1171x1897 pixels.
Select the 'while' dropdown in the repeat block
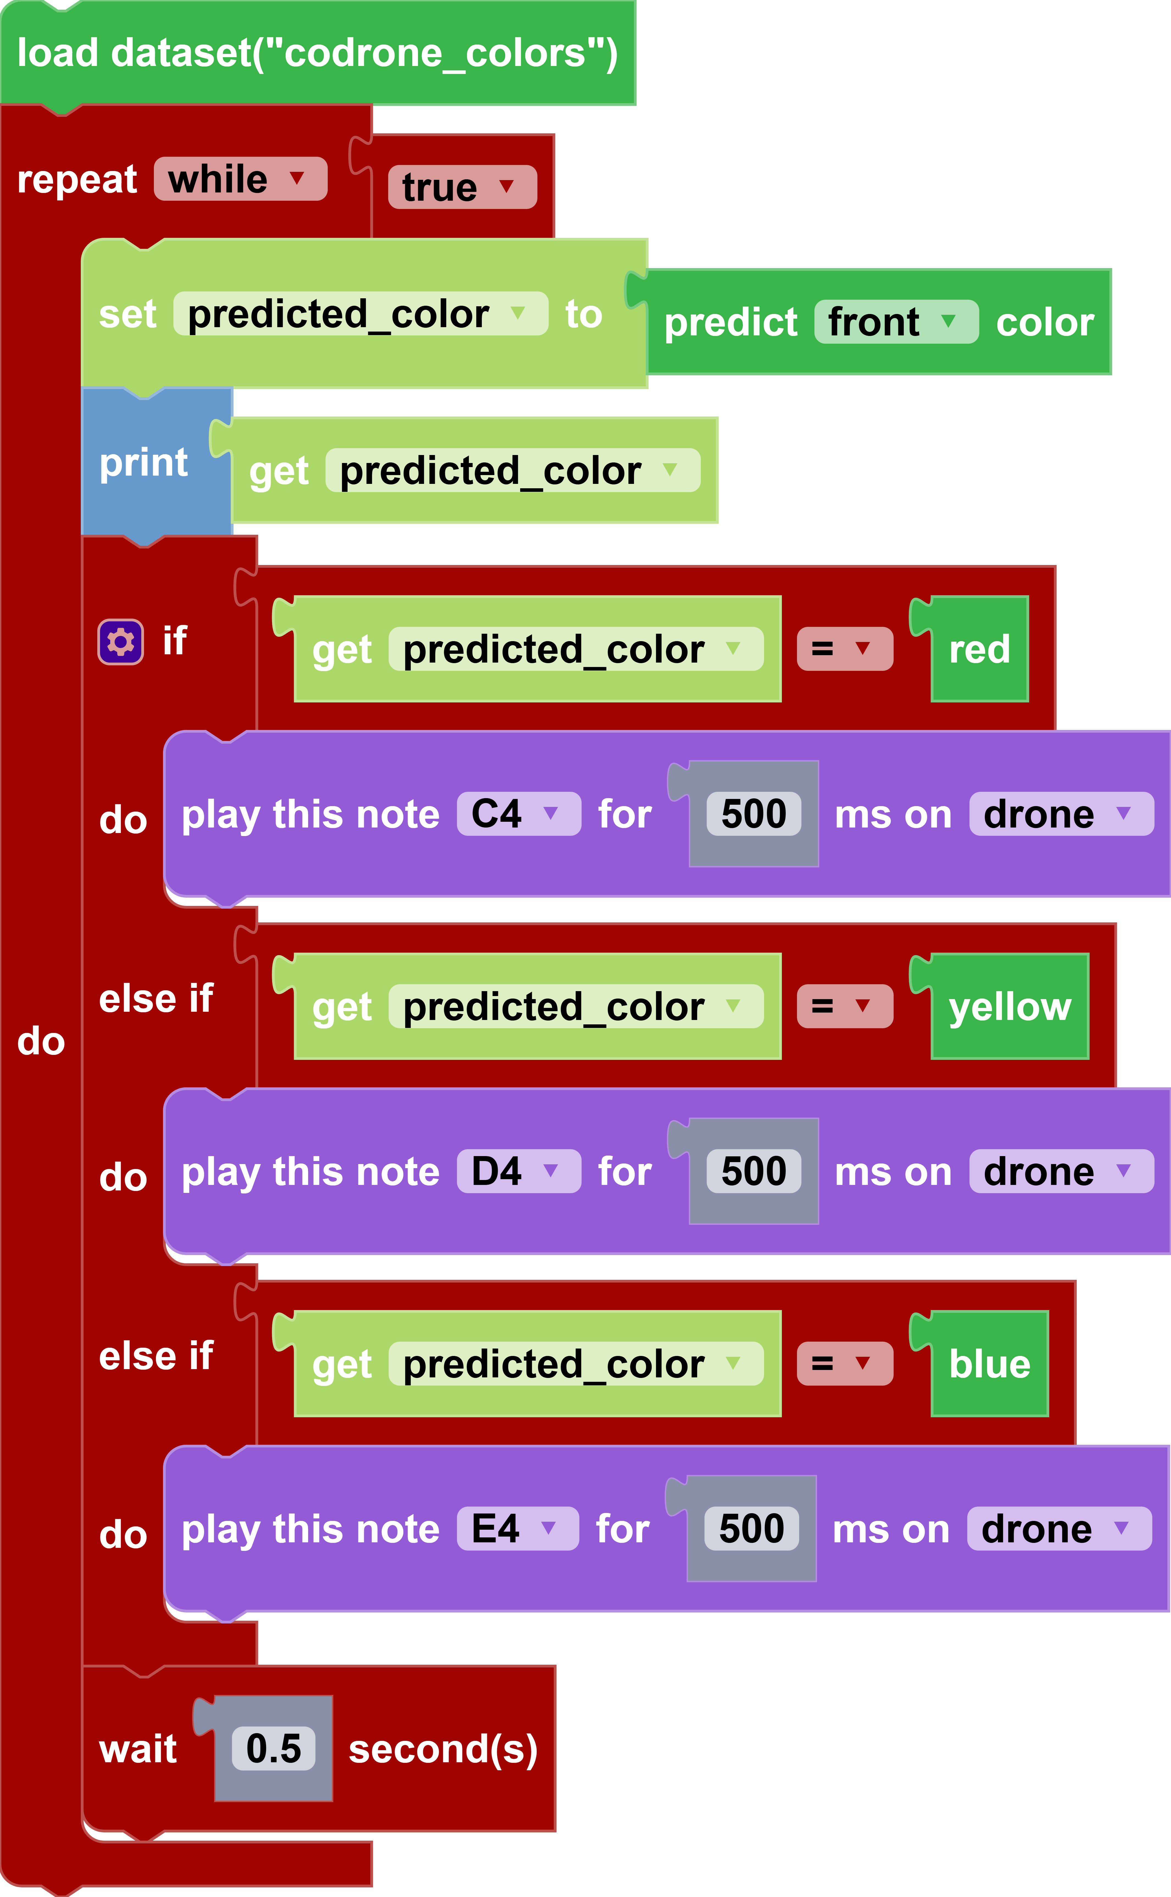pyautogui.click(x=240, y=180)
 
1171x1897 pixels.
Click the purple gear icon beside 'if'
pyautogui.click(x=120, y=641)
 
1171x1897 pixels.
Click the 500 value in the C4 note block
pyautogui.click(x=754, y=814)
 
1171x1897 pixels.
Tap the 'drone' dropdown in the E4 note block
pyautogui.click(x=1059, y=1529)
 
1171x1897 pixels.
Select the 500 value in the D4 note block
pyautogui.click(x=754, y=1171)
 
